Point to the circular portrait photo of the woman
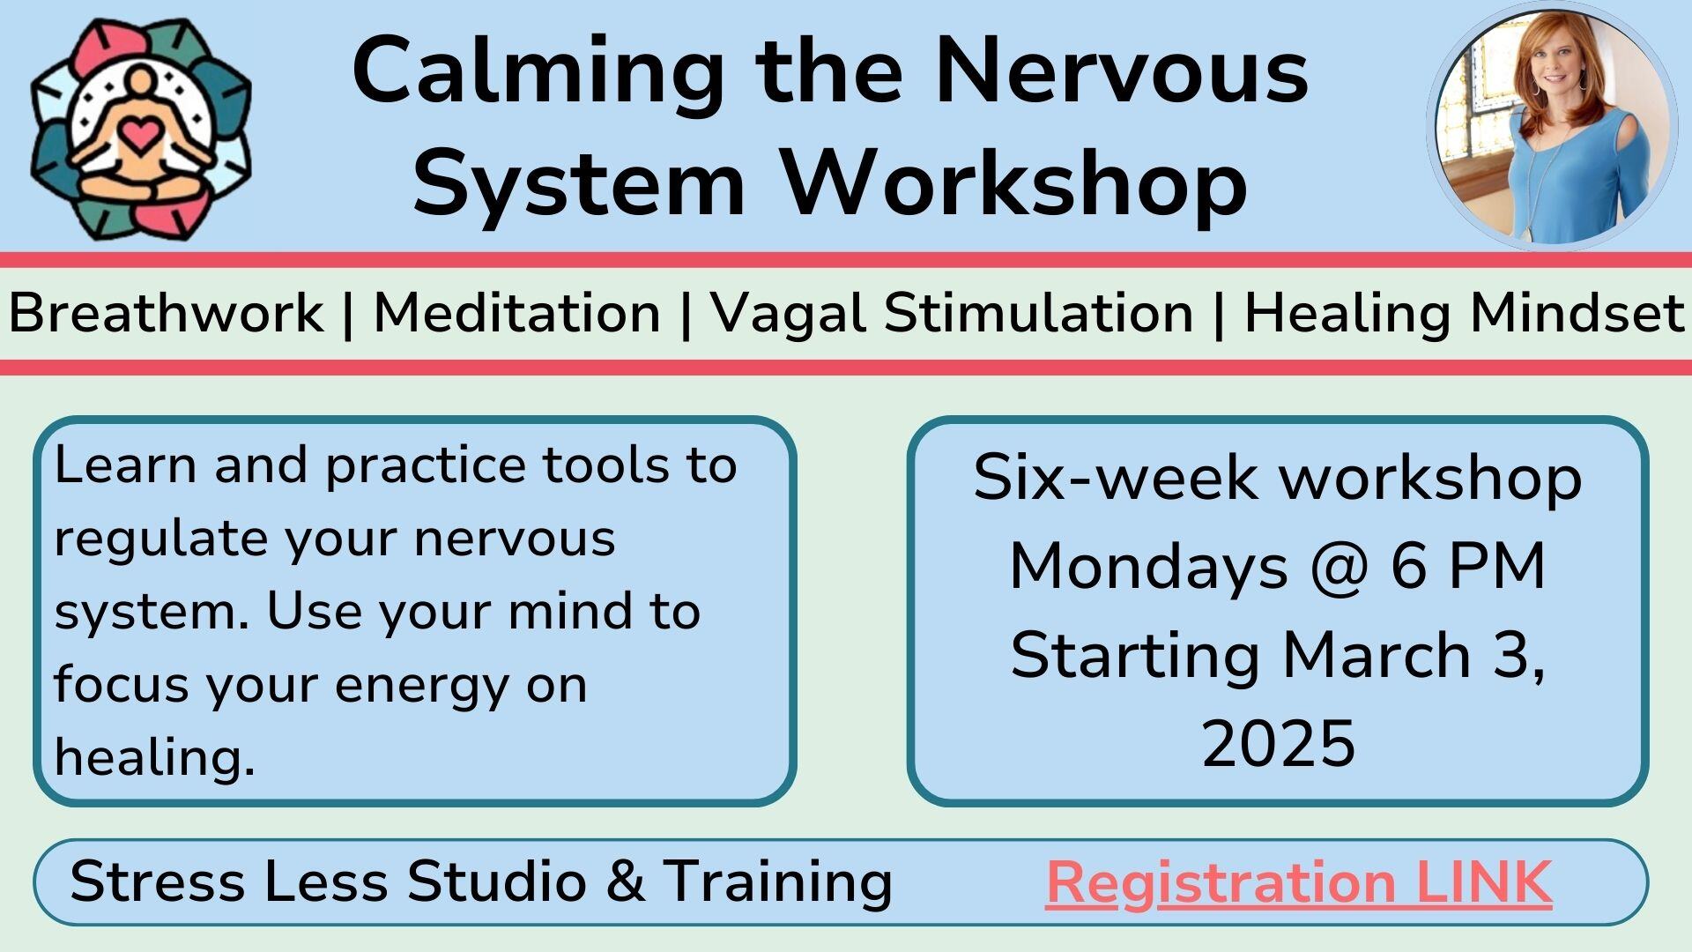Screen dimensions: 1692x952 point(1552,126)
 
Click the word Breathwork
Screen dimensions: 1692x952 point(166,312)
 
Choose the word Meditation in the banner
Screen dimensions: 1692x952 point(517,312)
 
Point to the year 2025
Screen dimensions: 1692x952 point(1278,743)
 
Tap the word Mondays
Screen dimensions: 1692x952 point(1148,568)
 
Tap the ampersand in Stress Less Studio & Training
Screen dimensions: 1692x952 point(626,881)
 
